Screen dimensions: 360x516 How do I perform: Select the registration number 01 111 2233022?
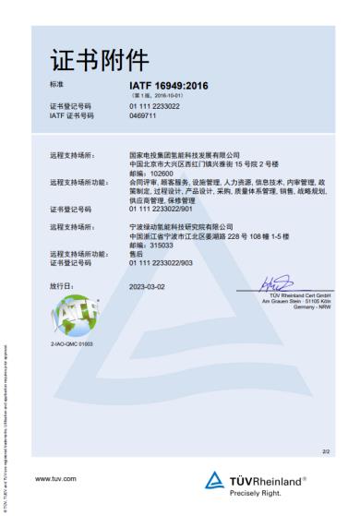154,106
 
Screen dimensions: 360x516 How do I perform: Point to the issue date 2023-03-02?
147,286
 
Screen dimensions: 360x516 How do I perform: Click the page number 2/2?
326,451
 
